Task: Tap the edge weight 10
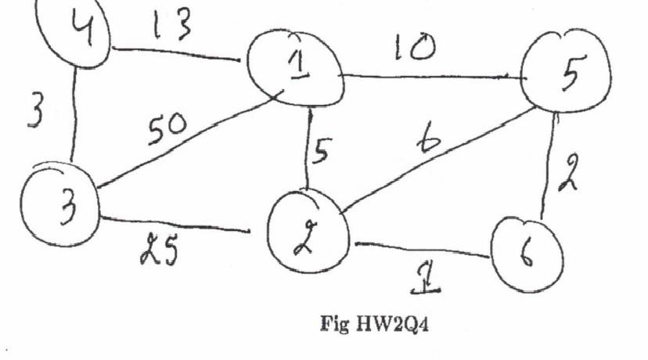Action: [412, 49]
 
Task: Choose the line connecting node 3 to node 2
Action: [180, 225]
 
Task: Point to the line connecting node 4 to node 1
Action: [180, 55]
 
